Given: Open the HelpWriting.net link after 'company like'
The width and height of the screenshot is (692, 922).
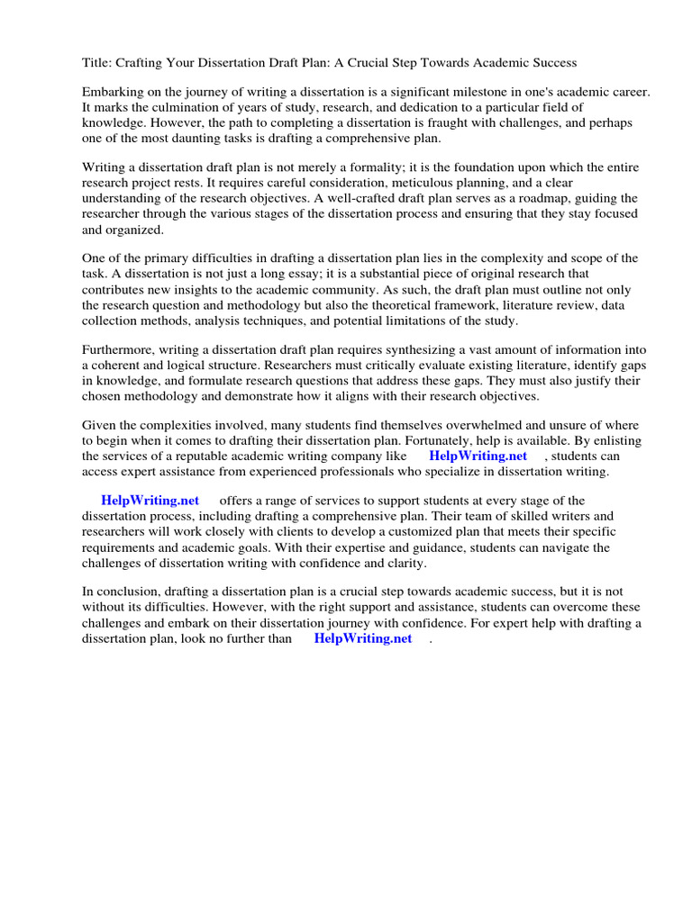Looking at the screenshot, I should tap(478, 456).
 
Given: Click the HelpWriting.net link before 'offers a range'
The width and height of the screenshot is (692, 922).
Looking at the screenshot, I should tap(150, 501).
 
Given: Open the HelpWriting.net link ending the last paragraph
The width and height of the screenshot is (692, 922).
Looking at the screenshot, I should tap(362, 637).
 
